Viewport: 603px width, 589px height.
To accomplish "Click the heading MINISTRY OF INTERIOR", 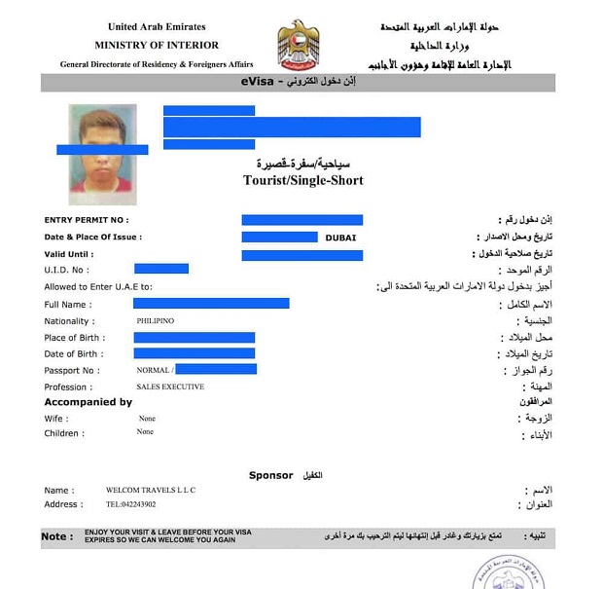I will click(157, 45).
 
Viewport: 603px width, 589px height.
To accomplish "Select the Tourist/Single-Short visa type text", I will click(302, 180).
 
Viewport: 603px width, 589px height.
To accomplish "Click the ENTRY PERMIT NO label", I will click(87, 220).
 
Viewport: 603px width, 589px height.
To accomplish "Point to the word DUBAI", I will click(340, 237).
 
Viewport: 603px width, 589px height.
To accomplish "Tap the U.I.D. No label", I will click(67, 270).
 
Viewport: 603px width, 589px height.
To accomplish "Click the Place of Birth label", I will click(74, 338).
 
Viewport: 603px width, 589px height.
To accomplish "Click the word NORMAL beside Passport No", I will click(154, 370).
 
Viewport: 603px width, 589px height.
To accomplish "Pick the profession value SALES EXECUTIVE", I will click(170, 387).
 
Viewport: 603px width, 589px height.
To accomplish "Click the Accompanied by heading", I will click(88, 402).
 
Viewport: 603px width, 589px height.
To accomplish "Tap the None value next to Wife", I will click(146, 419).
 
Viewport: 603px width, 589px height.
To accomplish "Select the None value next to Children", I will click(146, 432).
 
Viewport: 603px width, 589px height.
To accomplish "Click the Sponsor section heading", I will click(270, 475).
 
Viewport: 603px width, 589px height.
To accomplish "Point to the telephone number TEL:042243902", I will click(130, 504).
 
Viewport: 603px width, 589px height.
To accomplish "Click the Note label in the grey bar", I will click(55, 536).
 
